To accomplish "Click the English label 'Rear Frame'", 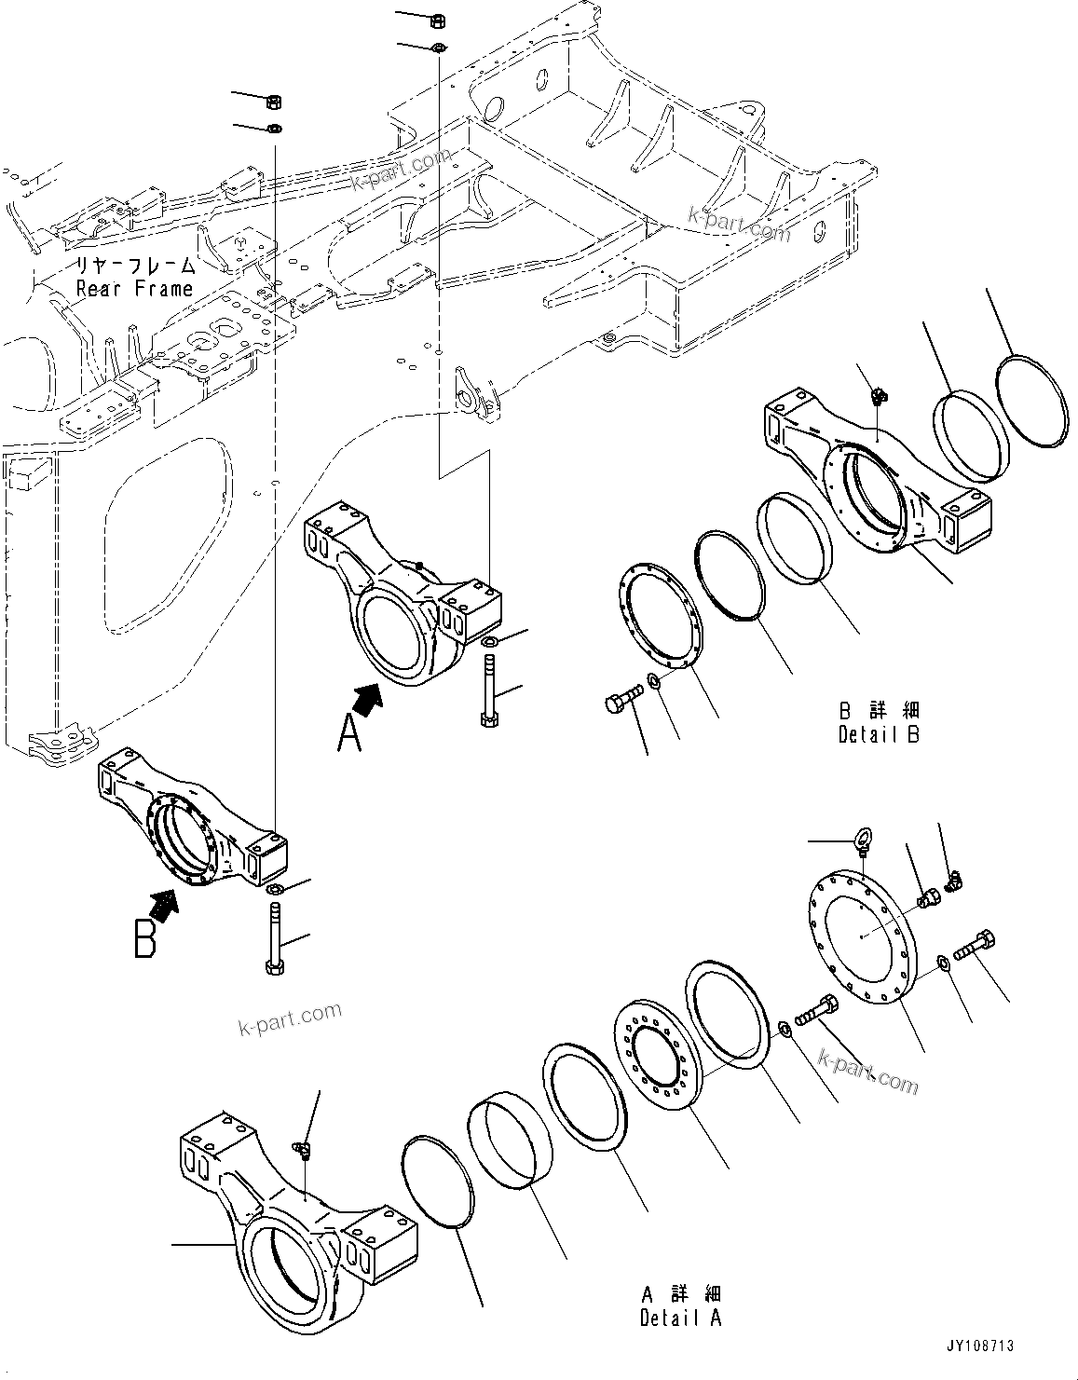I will [134, 288].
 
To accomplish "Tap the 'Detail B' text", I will [878, 734].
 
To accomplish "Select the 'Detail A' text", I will [680, 1318].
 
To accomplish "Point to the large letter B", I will [145, 938].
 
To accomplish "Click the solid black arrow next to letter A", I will [369, 699].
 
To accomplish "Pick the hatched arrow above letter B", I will [165, 903].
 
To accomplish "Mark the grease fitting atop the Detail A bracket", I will [302, 1150].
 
